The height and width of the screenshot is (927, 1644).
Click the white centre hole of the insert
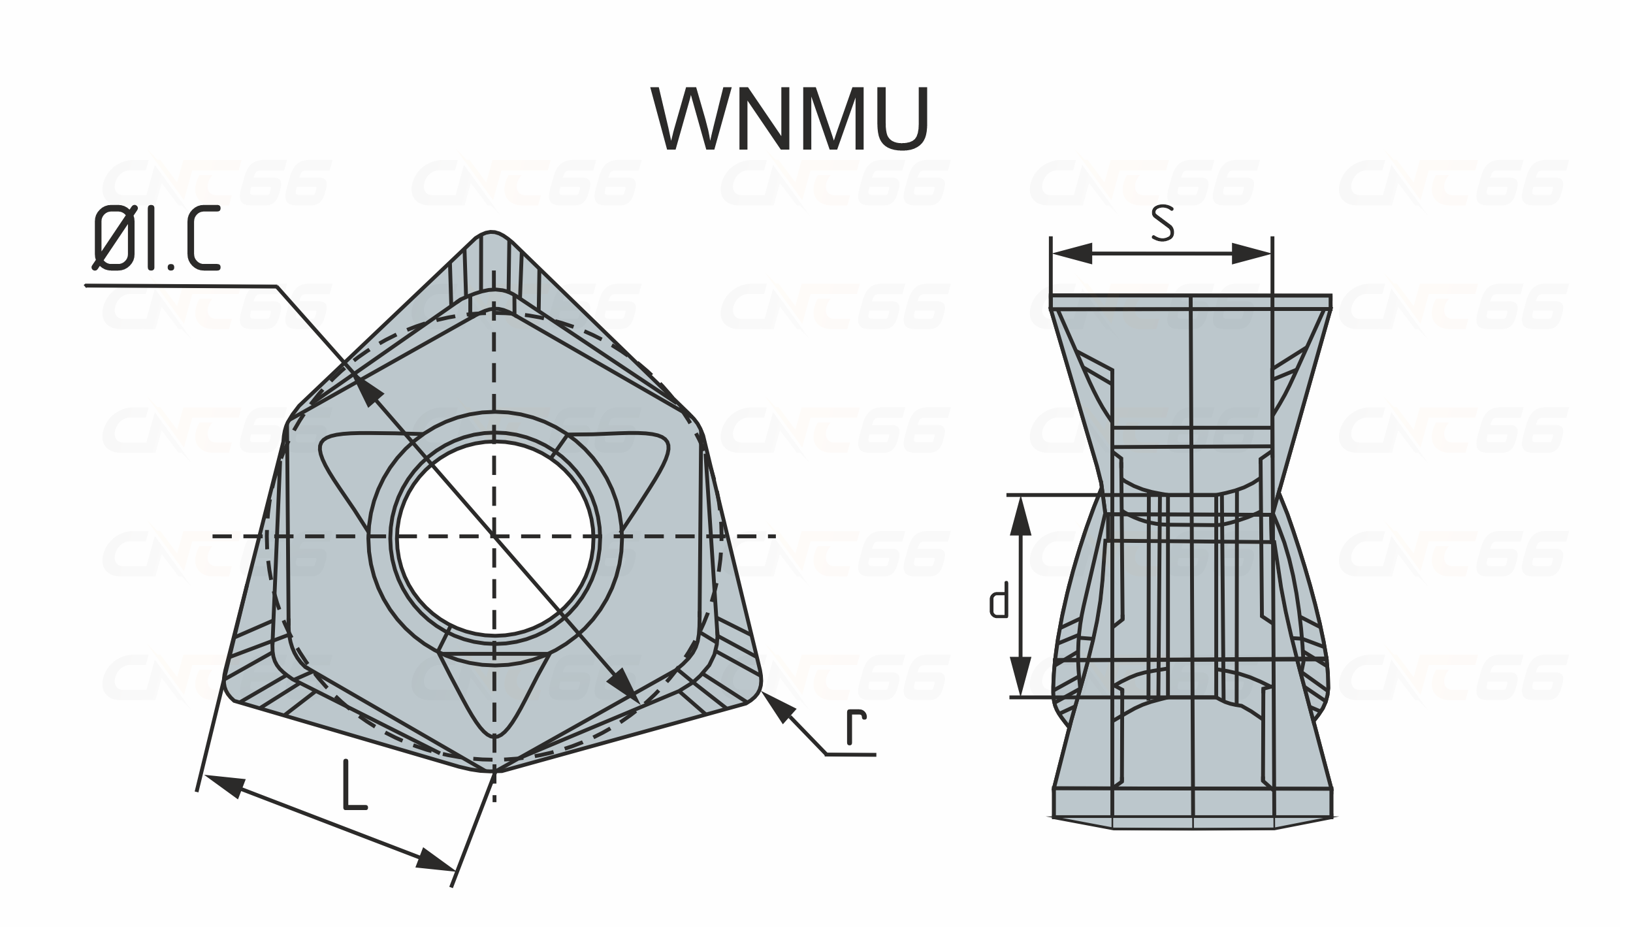tap(494, 536)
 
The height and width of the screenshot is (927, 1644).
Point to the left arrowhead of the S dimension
tap(1071, 254)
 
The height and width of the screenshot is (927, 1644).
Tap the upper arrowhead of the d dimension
tap(1020, 515)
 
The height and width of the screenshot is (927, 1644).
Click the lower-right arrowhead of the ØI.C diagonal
tap(622, 686)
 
